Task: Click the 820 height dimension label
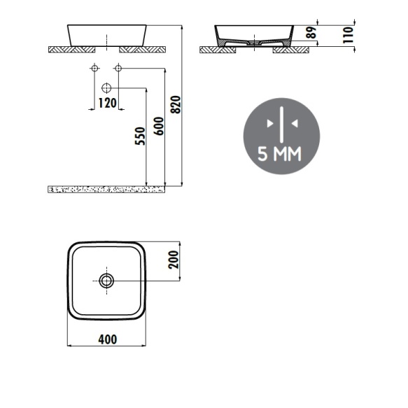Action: [176, 104]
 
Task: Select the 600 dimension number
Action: [159, 126]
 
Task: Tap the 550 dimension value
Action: [140, 136]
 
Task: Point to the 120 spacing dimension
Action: [108, 103]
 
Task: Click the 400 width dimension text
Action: [108, 339]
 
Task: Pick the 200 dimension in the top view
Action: [174, 260]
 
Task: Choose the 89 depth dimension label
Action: [311, 32]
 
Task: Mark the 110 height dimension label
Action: [348, 35]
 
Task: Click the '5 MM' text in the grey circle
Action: [279, 153]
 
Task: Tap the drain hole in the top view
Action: [106, 281]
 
